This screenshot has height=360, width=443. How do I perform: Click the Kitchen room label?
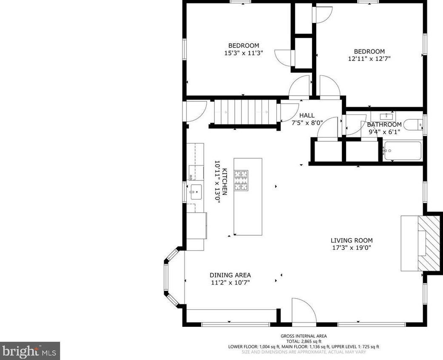pyautogui.click(x=225, y=182)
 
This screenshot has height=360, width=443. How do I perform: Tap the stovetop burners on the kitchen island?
pyautogui.click(x=241, y=180)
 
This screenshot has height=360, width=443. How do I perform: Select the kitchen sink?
pyautogui.click(x=196, y=192)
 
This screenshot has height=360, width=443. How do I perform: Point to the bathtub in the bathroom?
pyautogui.click(x=403, y=151)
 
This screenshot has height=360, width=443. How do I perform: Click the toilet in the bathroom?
pyautogui.click(x=413, y=125)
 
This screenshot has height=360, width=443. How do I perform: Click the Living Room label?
pyautogui.click(x=352, y=240)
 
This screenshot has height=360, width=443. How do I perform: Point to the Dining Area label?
pyautogui.click(x=230, y=275)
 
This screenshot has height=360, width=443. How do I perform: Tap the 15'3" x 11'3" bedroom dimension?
pyautogui.click(x=244, y=53)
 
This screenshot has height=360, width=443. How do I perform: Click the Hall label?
pyautogui.click(x=307, y=115)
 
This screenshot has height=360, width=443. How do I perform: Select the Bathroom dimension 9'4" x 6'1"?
pyautogui.click(x=384, y=131)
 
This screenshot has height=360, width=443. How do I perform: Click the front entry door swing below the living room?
pyautogui.click(x=304, y=310)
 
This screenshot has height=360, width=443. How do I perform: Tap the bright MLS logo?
pyautogui.click(x=30, y=351)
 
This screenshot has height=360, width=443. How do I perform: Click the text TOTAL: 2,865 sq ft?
pyautogui.click(x=304, y=341)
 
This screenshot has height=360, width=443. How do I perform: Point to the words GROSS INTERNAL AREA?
pyautogui.click(x=304, y=336)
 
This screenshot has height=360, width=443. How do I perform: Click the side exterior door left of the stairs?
pyautogui.click(x=195, y=111)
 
